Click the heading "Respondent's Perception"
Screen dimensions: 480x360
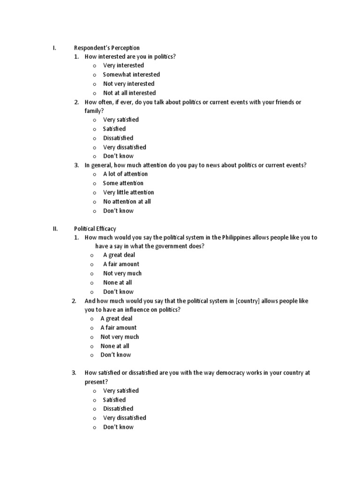tap(107, 48)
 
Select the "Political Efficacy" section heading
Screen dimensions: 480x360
tap(95, 229)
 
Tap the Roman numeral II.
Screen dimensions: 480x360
tap(55, 229)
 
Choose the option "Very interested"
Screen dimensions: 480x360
tap(123, 66)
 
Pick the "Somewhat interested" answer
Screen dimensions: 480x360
tap(131, 75)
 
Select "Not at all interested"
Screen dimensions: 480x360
tap(129, 93)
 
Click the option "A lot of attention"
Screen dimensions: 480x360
tap(125, 174)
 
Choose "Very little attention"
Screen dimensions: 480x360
tap(128, 192)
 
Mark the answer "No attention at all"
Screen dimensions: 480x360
tap(127, 202)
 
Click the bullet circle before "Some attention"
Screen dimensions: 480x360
tap(94, 183)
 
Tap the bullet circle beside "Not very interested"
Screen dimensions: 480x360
tap(94, 84)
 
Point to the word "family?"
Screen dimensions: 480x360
tap(94, 111)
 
